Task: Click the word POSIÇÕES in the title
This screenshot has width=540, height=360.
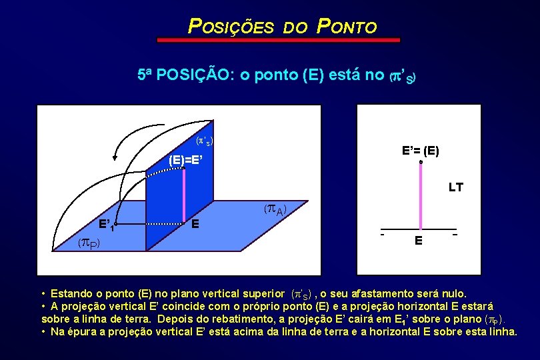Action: [231, 27]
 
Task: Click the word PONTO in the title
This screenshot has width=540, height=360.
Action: [347, 27]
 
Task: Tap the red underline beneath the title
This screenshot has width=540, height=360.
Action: [278, 41]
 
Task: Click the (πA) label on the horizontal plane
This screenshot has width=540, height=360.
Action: [275, 210]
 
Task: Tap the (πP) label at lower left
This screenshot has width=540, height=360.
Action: [89, 243]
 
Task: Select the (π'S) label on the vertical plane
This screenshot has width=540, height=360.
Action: [204, 141]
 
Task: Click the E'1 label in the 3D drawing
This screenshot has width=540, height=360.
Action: [106, 223]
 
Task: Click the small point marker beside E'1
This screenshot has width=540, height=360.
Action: [116, 224]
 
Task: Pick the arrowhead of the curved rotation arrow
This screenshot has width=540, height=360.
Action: [115, 157]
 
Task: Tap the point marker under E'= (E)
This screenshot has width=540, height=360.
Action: [421, 162]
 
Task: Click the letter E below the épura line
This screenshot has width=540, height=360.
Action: [418, 241]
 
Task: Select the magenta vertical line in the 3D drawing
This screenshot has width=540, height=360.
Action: [185, 193]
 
